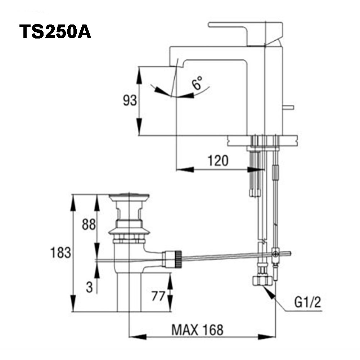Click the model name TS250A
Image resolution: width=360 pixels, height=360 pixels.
[x=55, y=32]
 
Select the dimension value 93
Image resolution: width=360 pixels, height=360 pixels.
[x=130, y=101]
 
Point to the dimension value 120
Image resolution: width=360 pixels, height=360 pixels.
[x=217, y=161]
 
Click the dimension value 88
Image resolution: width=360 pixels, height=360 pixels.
[x=89, y=225]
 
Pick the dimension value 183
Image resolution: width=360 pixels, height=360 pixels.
[x=60, y=253]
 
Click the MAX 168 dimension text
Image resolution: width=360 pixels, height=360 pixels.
[x=197, y=329]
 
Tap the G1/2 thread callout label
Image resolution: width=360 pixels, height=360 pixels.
[x=307, y=303]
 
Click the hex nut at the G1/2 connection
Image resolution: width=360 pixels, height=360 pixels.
[x=262, y=280]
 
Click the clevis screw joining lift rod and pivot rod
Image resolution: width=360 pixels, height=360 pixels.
[x=275, y=254]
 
